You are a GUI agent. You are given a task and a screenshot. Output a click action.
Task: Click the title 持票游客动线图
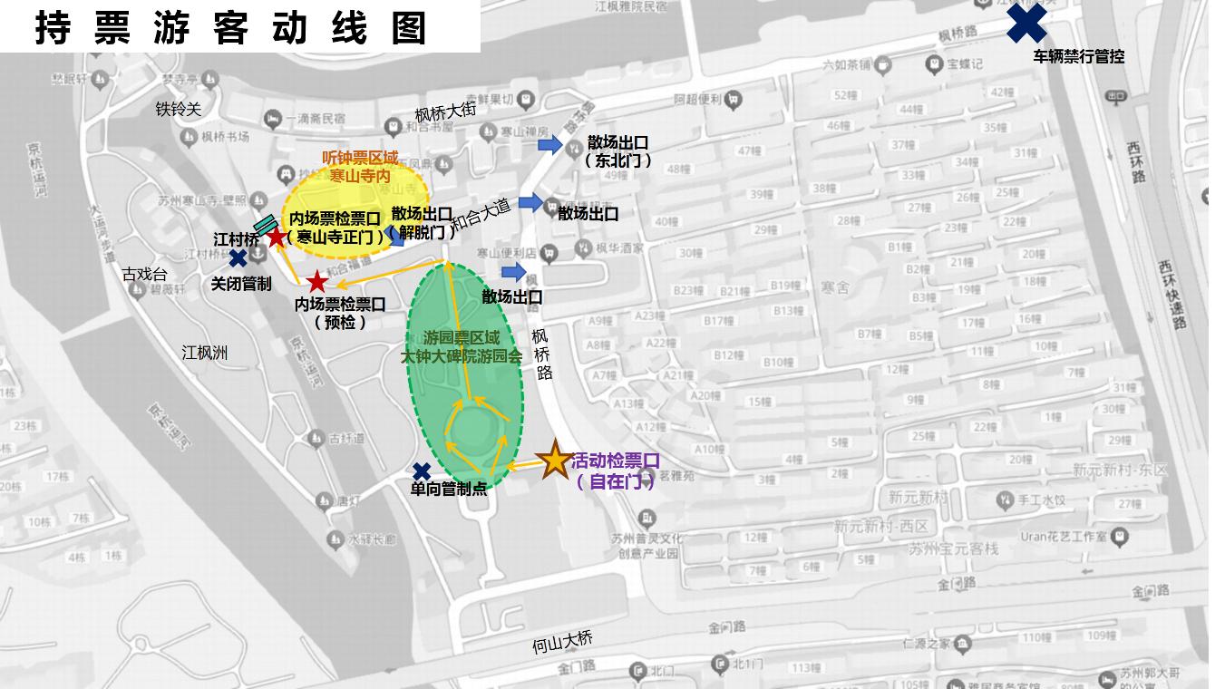click(231, 27)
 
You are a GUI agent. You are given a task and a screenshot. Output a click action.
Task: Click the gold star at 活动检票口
click(554, 461)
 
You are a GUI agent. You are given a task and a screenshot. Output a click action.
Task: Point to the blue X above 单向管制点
click(422, 471)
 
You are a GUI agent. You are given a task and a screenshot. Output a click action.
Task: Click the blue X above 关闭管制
click(238, 258)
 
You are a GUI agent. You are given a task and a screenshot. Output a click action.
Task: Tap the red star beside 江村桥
click(276, 238)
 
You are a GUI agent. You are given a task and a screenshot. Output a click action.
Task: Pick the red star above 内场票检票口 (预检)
click(316, 282)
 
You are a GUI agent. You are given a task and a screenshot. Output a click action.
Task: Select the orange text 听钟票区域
click(360, 158)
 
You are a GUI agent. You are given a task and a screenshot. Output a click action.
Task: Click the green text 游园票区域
click(461, 337)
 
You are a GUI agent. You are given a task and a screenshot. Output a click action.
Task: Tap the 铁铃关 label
click(178, 109)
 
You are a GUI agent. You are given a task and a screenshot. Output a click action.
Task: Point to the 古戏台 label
click(145, 273)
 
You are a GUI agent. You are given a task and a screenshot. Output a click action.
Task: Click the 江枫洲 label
click(204, 352)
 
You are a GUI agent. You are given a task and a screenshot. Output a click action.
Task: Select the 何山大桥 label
click(562, 642)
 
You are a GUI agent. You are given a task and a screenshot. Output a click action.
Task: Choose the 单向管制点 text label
click(448, 490)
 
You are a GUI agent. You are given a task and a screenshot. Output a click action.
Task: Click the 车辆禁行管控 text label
click(1078, 56)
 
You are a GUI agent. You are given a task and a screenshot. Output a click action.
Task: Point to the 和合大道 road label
click(481, 215)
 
